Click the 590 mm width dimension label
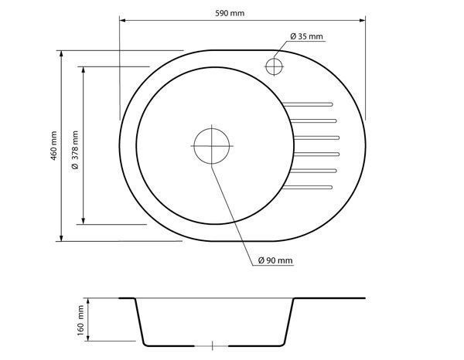[230, 13]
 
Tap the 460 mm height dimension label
[53, 146]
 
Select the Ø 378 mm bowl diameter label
[76, 150]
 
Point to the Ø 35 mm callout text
[306, 36]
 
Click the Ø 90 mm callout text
[275, 260]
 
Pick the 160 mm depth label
[80, 321]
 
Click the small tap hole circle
[274, 66]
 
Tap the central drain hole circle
[212, 146]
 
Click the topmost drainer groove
[308, 104]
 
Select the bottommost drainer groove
[308, 187]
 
